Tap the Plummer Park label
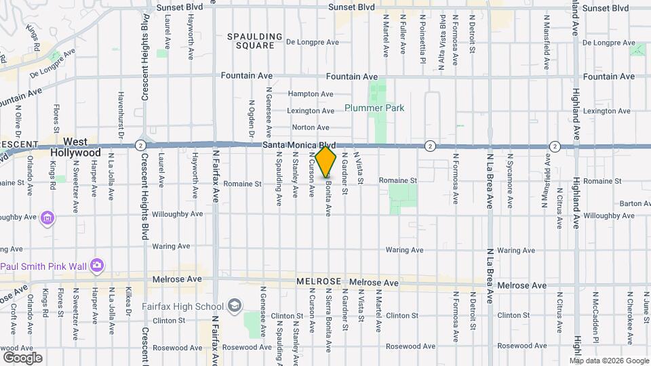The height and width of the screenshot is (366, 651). (x=374, y=108)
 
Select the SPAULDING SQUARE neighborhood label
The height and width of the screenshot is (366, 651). (x=254, y=41)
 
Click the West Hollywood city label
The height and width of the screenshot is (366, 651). (x=75, y=147)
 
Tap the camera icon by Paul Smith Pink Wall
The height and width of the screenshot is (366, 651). (x=97, y=264)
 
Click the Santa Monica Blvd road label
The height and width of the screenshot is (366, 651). (x=299, y=145)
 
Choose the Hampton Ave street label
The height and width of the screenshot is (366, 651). (x=311, y=94)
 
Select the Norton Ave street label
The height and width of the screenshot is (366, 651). (x=311, y=127)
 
